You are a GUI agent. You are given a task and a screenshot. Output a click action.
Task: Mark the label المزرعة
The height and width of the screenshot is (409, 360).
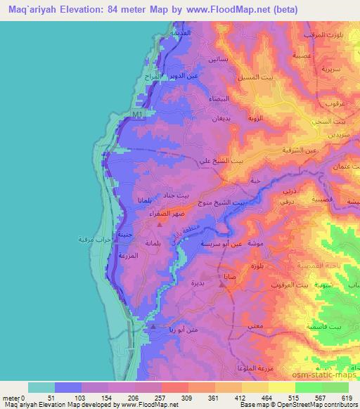click(136, 257)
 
